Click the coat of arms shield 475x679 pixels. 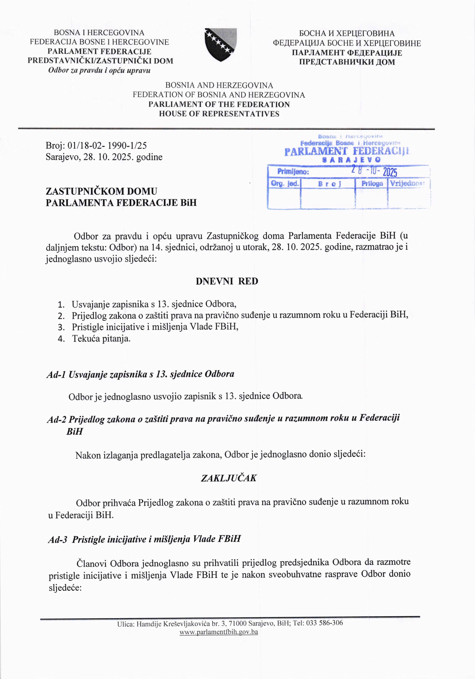[x=221, y=44]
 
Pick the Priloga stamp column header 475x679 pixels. [x=372, y=184]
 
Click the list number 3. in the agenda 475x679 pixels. [x=61, y=327]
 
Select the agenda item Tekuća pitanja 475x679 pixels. [x=101, y=339]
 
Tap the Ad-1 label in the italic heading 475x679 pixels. [x=56, y=375]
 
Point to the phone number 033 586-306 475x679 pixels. [x=324, y=623]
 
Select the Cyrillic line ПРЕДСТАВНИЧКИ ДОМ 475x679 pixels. [x=347, y=62]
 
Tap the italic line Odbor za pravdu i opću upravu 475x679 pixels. [x=99, y=70]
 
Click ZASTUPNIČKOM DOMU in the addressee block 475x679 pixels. [x=101, y=191]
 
